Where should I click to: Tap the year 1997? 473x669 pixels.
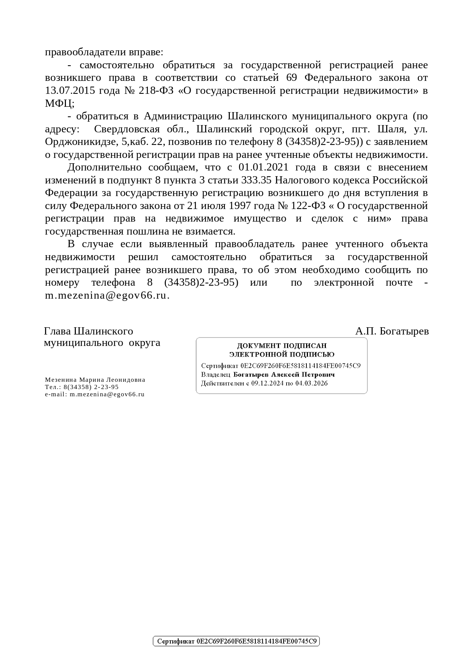239,206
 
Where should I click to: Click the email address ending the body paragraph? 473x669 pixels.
107,296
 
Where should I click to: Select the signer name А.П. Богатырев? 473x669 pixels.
392,331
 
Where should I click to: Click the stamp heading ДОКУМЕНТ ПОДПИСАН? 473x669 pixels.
282,346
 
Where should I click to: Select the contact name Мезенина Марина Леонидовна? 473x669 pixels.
95,380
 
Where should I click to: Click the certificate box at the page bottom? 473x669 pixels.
236,641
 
